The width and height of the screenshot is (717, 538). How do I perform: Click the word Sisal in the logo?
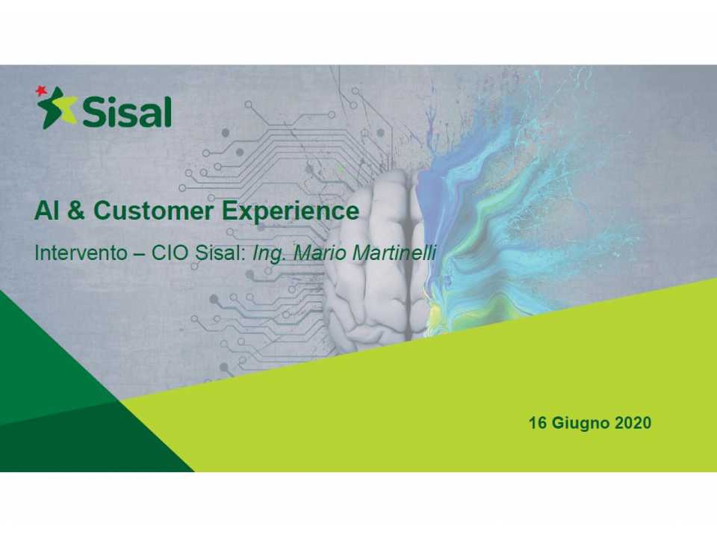127,112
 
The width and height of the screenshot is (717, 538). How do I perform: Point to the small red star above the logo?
40,91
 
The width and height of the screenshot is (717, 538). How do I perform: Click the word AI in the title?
45,211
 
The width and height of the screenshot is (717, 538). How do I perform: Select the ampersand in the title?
76,211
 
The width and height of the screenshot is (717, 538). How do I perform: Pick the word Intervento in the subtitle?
81,253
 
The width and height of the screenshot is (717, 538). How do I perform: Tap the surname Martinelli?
394,253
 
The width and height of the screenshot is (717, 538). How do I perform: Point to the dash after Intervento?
139,253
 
